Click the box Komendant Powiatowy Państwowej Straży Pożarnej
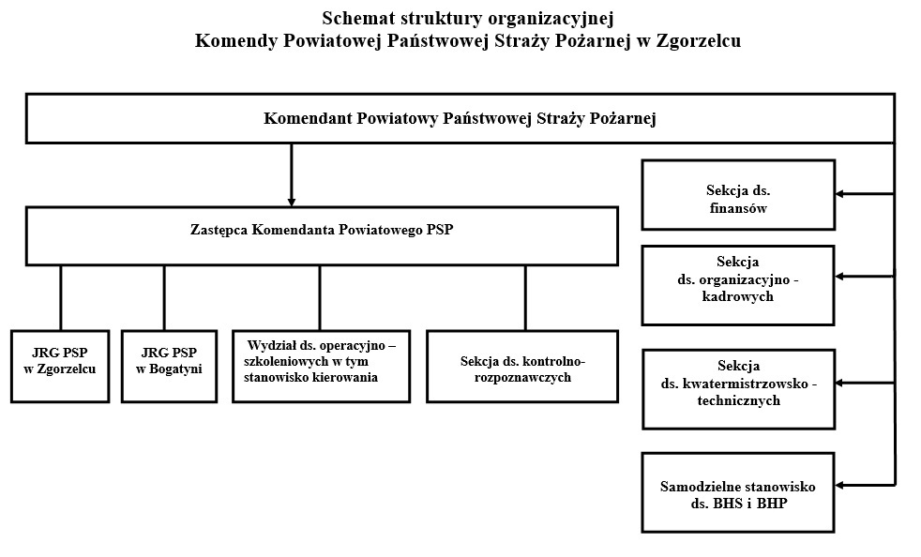(460, 118)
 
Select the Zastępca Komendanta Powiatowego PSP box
(321, 235)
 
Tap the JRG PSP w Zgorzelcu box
(60, 366)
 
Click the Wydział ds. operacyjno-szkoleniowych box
(321, 366)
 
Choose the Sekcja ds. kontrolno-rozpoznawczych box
(522, 366)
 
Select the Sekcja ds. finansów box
(738, 195)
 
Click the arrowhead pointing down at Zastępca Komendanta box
(292, 200)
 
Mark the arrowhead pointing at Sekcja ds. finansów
(841, 194)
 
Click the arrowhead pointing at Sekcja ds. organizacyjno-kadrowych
(841, 277)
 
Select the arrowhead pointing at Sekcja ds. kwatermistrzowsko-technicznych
(841, 383)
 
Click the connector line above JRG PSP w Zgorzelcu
(61, 297)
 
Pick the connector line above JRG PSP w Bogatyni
(164, 297)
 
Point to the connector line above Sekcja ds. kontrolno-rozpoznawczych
(525, 297)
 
